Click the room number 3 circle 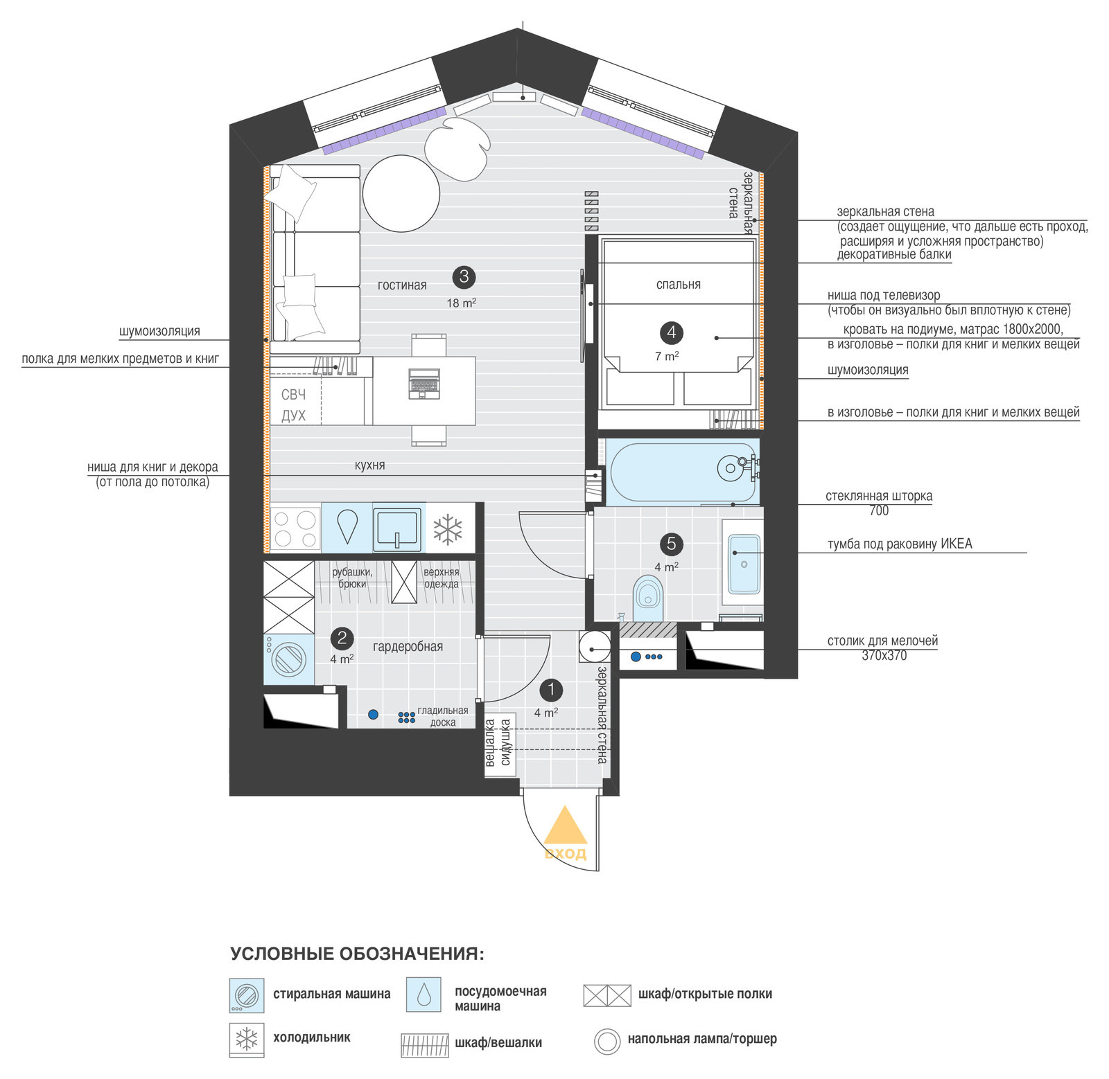coord(464,277)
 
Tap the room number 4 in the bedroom coord(671,333)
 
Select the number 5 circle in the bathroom coord(671,544)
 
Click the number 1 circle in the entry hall coord(551,690)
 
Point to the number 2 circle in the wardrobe coord(342,638)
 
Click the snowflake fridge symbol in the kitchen coord(448,528)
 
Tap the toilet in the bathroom coord(648,598)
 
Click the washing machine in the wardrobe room coord(288,659)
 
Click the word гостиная coord(402,285)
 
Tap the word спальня coord(678,285)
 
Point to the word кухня coord(369,465)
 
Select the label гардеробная coord(408,647)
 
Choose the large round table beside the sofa coord(401,193)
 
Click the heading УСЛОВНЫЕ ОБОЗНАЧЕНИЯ coord(357,954)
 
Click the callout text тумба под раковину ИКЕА coord(900,544)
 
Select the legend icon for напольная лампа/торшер coord(607,1041)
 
